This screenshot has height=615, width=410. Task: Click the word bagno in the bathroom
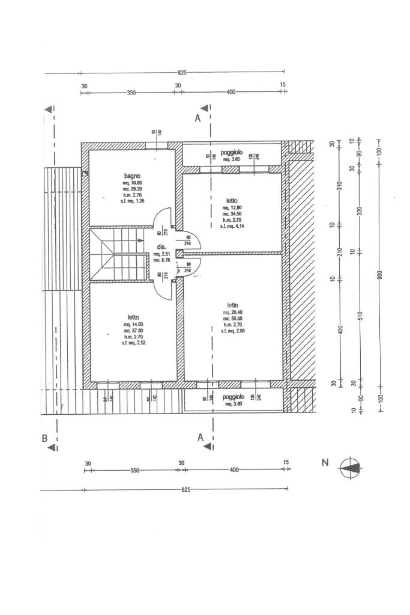132,176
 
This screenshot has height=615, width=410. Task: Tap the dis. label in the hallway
161,247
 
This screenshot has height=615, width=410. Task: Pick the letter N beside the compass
325,462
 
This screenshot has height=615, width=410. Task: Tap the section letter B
44,438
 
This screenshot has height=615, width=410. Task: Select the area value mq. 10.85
132,183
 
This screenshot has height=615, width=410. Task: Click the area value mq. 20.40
232,312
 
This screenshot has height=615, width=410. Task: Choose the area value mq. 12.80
232,208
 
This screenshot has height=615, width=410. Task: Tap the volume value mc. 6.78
161,260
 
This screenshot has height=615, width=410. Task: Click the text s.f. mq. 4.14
232,226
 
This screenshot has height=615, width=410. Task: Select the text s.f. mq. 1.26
132,201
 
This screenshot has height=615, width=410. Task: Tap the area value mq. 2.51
161,254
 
